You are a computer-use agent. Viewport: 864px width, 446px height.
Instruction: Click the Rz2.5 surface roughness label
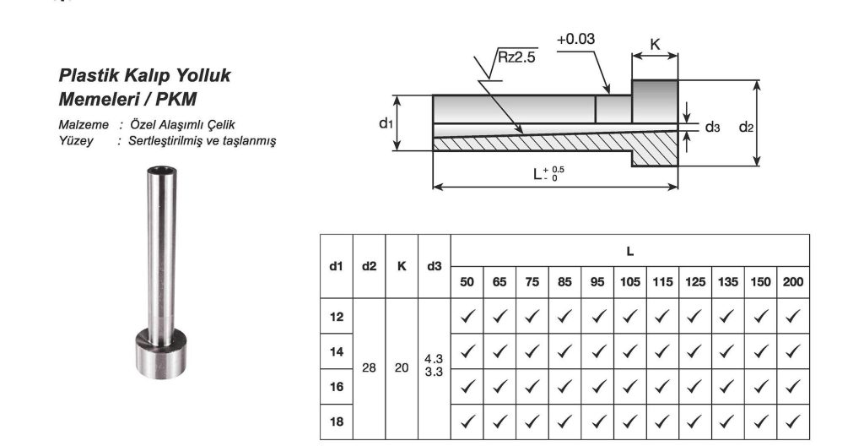click(515, 57)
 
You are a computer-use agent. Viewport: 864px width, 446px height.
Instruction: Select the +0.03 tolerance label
click(576, 39)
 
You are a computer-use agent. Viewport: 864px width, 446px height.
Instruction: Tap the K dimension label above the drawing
click(655, 44)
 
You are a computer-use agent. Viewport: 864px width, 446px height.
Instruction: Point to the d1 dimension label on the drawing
click(386, 123)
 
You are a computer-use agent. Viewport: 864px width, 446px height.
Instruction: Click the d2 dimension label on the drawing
click(746, 127)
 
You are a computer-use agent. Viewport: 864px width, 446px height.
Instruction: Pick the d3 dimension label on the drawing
click(713, 127)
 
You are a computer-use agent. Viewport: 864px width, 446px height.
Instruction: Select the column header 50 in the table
click(467, 282)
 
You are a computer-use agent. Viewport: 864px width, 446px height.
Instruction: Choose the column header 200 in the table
click(793, 282)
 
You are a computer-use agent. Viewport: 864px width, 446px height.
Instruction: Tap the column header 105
click(629, 282)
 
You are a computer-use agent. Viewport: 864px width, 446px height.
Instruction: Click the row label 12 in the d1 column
click(337, 317)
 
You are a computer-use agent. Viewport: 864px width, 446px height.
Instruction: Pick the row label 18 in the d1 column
click(337, 422)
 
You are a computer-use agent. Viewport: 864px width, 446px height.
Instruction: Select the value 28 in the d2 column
click(369, 368)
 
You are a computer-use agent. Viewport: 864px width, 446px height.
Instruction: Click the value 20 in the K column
click(402, 368)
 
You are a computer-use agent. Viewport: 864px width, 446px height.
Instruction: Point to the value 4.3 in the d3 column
click(434, 359)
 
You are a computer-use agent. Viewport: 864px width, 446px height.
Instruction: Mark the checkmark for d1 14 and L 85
click(564, 351)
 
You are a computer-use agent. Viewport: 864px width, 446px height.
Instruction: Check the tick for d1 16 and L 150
click(761, 387)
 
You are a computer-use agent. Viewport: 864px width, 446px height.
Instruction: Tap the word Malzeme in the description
click(84, 125)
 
